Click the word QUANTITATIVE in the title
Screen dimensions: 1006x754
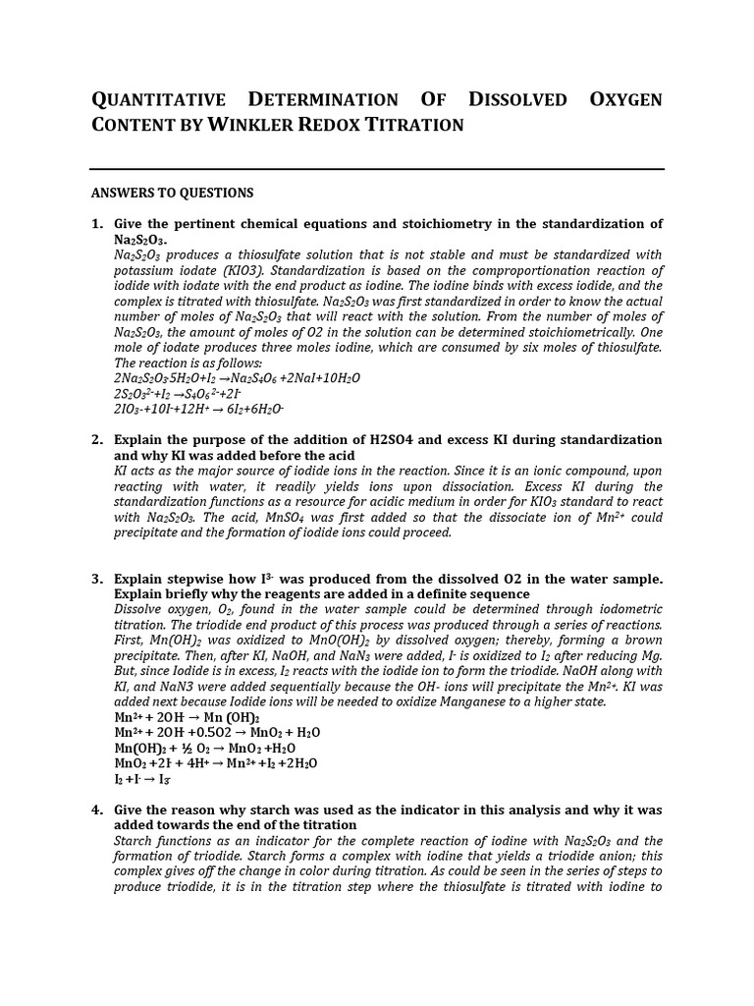[157, 100]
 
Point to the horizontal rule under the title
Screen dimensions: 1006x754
[377, 169]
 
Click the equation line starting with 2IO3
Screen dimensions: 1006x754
[199, 409]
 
